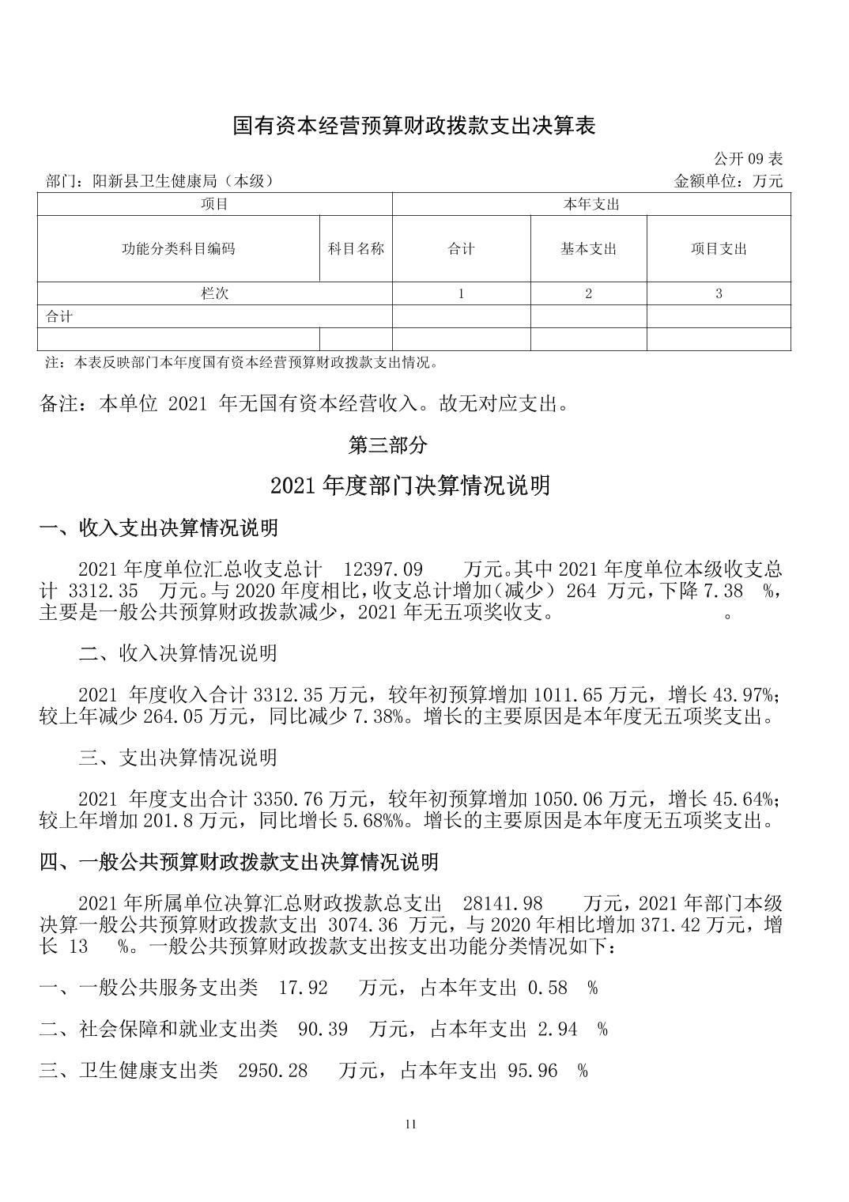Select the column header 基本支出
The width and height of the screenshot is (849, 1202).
click(588, 249)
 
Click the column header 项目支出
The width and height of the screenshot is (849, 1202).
click(719, 249)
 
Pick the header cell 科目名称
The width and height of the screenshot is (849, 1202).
click(356, 249)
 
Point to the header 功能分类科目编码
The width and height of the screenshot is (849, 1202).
click(178, 249)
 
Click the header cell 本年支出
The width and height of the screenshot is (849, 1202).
click(591, 205)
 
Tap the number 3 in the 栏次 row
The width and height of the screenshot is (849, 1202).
click(719, 293)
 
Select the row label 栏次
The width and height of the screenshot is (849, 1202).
click(214, 293)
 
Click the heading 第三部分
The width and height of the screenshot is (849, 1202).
click(388, 445)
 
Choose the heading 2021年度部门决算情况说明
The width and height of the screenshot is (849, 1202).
click(409, 486)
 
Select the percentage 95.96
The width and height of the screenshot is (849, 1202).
click(532, 1072)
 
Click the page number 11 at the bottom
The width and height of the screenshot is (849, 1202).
click(409, 1125)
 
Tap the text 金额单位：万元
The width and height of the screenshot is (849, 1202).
click(728, 181)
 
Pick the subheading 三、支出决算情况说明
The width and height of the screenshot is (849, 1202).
click(178, 758)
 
